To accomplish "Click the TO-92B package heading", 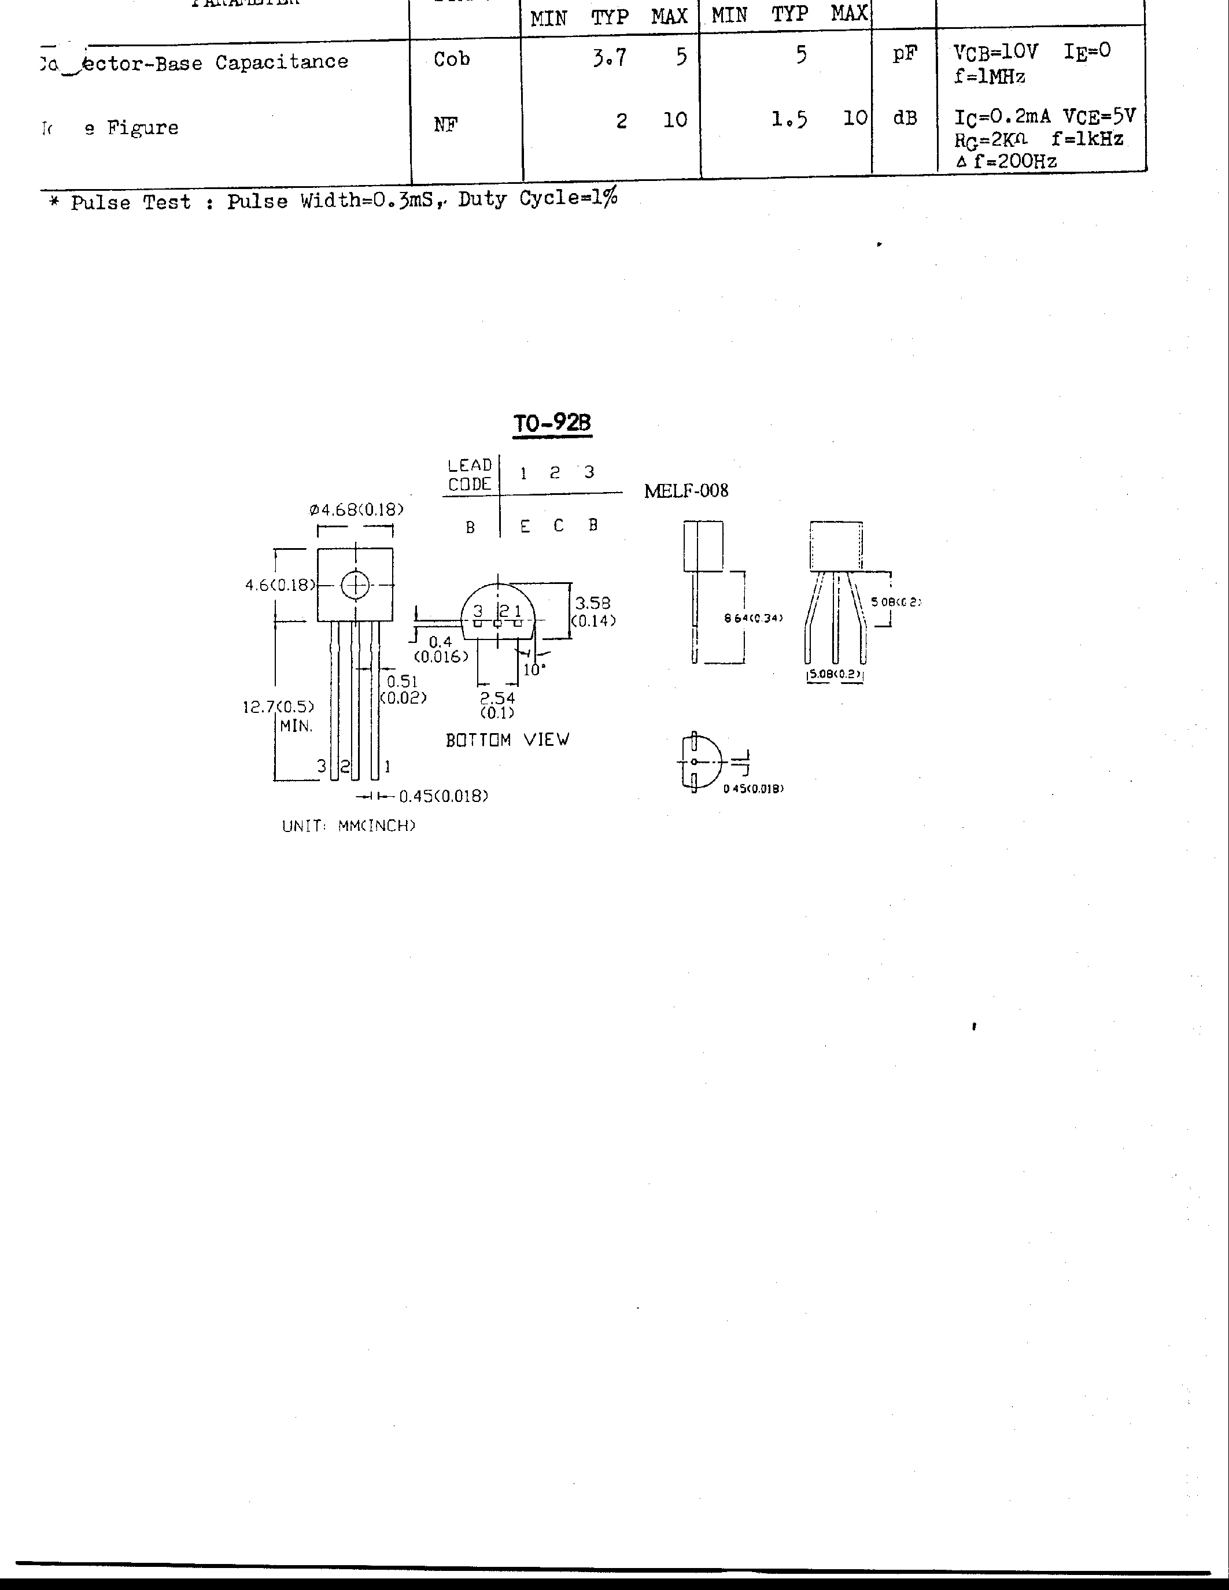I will click(x=552, y=423).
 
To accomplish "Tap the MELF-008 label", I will click(x=686, y=491).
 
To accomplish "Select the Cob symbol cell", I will click(x=452, y=59).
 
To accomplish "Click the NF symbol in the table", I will click(x=445, y=124).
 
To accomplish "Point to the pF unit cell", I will click(x=905, y=54).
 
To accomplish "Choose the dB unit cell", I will click(x=905, y=118).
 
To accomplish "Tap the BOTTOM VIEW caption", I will click(x=507, y=739).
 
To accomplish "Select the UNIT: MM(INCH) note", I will click(x=349, y=826).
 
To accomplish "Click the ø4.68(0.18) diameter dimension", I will click(x=356, y=509).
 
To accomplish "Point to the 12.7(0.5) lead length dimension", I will click(x=278, y=706).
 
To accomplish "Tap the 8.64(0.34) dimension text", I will click(x=753, y=618).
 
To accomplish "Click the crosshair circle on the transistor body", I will click(x=355, y=585).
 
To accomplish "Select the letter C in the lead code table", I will click(x=559, y=526).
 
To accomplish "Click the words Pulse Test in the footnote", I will click(x=131, y=202).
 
